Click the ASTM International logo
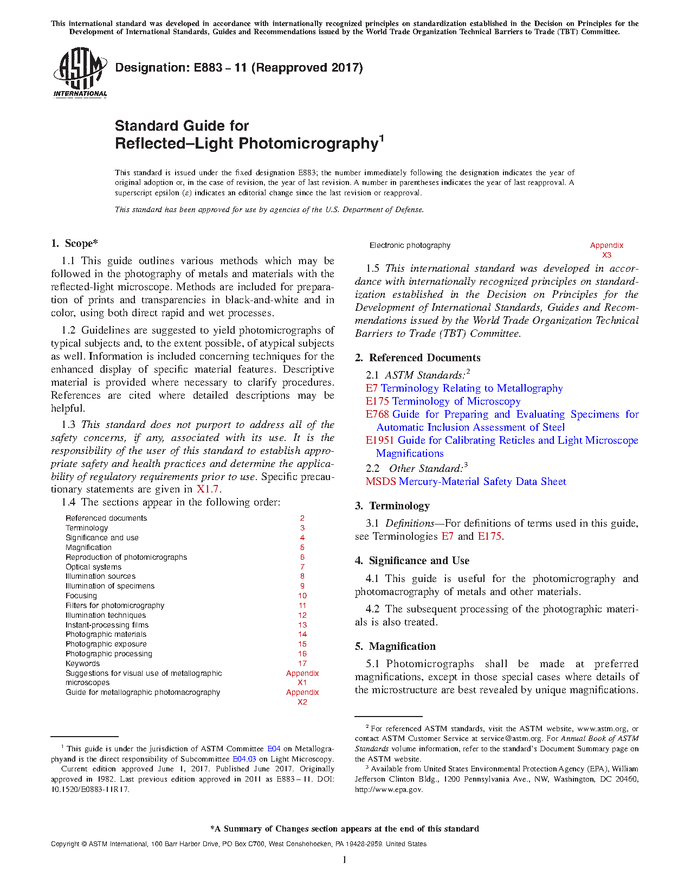80,73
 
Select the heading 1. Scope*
74,244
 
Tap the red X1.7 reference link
207,489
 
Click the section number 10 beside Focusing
302,596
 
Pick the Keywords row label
82,663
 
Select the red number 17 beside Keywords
302,663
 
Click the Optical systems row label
93,567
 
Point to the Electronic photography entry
410,246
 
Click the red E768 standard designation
377,414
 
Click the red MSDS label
380,482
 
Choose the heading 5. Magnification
395,647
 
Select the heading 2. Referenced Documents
417,358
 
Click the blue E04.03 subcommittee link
244,759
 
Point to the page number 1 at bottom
345,860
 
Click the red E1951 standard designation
379,440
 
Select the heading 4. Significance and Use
412,561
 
